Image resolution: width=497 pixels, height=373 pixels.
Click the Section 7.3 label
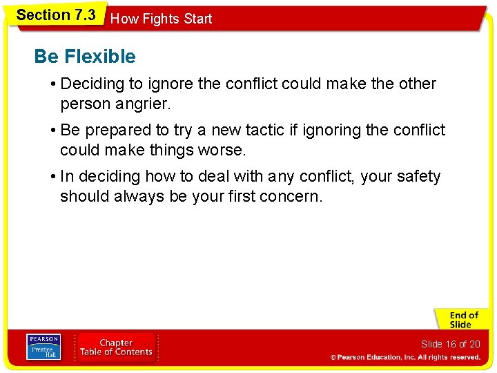click(55, 15)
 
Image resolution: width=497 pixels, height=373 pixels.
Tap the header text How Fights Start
click(161, 19)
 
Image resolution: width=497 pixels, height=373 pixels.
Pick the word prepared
click(107, 131)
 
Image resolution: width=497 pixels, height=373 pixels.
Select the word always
click(137, 196)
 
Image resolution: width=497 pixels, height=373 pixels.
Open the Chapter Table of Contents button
click(116, 347)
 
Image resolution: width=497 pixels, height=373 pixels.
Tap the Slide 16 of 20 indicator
click(450, 344)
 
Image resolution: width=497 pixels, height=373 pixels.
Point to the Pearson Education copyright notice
click(405, 357)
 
